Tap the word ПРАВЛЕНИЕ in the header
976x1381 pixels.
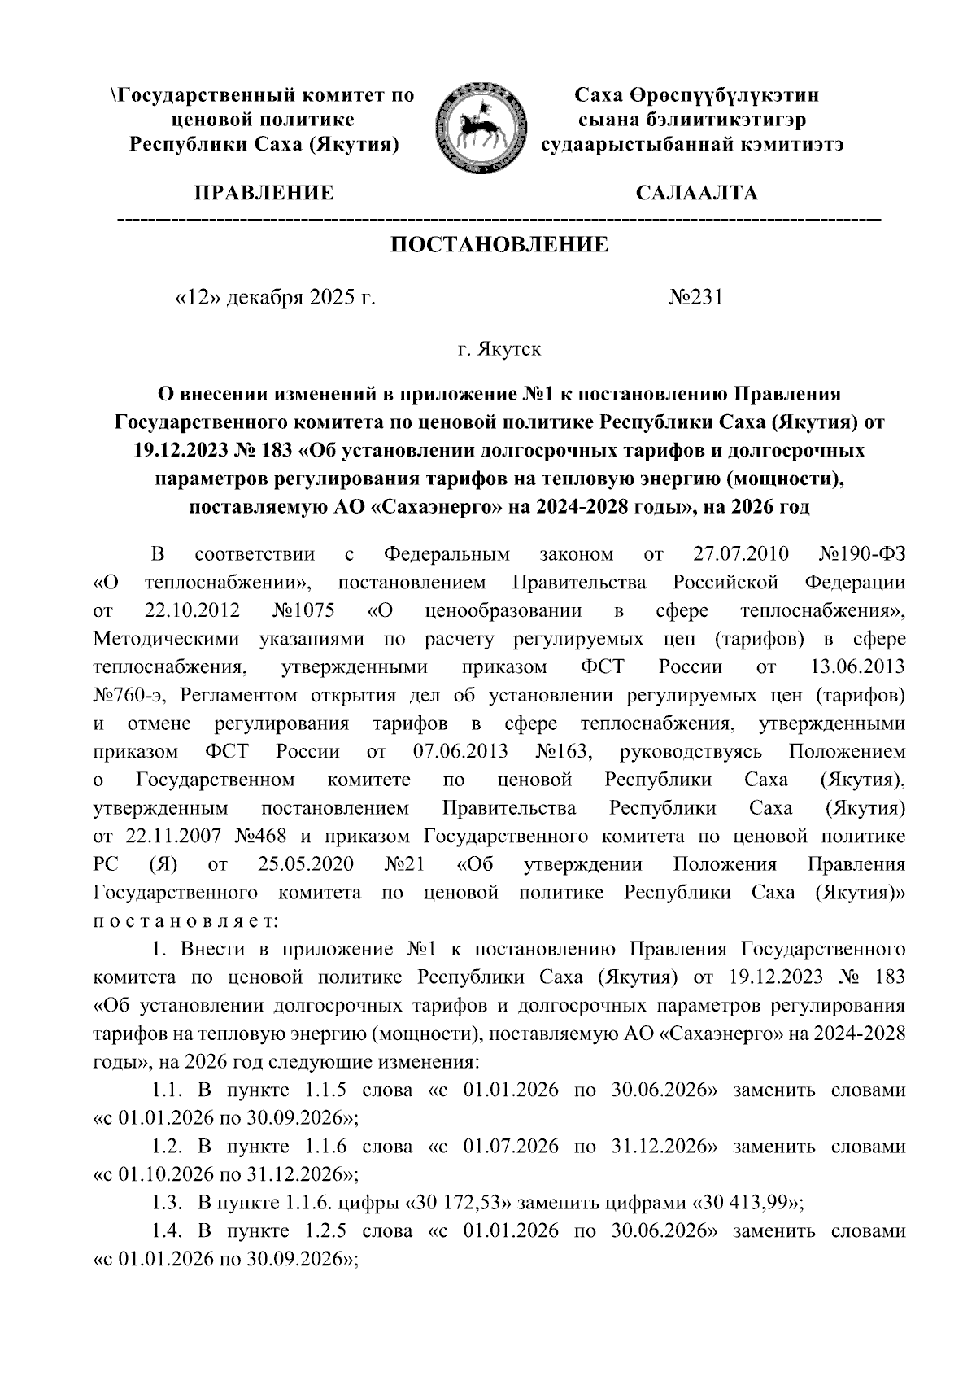coord(263,194)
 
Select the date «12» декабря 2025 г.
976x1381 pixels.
coord(276,298)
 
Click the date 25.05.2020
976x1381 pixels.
coord(303,865)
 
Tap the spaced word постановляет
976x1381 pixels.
coord(186,921)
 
